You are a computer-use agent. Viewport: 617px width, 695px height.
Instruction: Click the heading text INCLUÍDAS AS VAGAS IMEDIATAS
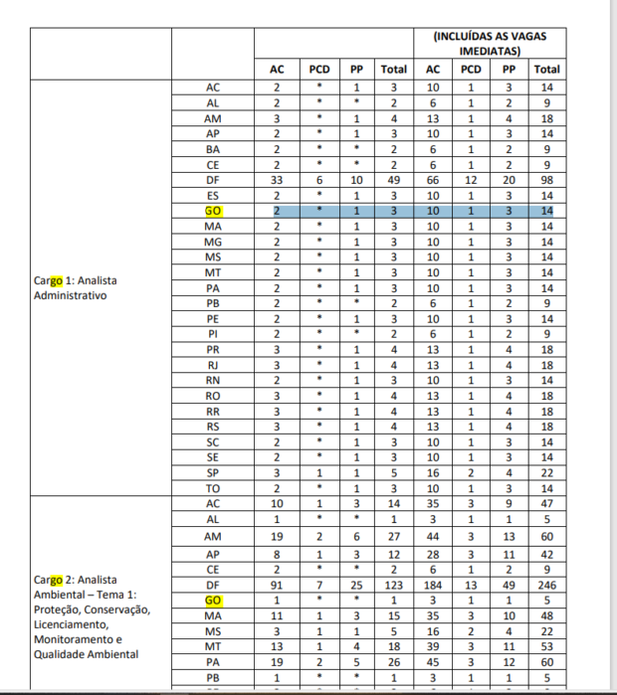(x=490, y=43)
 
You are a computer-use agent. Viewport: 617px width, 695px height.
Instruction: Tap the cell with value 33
(x=278, y=180)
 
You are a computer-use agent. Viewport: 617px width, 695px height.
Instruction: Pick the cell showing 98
(x=545, y=180)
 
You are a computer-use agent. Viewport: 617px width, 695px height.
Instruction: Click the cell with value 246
(x=545, y=586)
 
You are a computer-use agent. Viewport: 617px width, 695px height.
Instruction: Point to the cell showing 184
(x=433, y=586)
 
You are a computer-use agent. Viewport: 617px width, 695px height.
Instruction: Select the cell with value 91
(x=278, y=586)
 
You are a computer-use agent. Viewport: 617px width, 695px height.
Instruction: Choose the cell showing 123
(x=394, y=586)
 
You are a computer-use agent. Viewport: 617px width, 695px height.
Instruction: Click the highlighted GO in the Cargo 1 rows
(x=212, y=212)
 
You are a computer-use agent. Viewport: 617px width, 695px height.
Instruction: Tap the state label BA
(x=212, y=149)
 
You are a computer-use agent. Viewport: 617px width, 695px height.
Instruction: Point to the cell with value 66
(x=433, y=180)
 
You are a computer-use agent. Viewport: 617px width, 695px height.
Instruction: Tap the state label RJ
(x=212, y=366)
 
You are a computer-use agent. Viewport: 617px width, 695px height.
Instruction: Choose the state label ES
(x=212, y=196)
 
